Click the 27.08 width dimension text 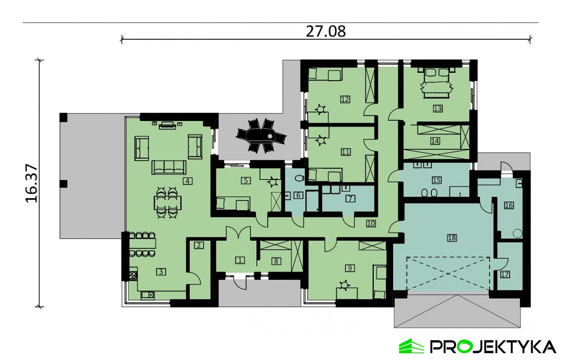pos(326,31)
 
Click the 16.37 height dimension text pos(31,183)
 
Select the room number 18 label pos(452,238)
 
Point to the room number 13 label pos(437,108)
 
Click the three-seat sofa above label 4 pos(169,167)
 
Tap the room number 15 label pos(436,180)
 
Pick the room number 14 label pos(435,140)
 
